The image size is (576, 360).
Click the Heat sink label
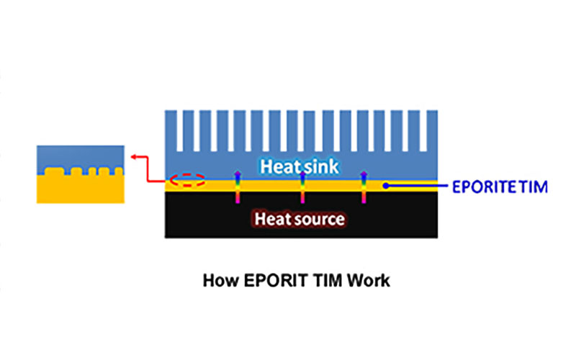(x=300, y=166)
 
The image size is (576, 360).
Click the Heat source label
(x=300, y=219)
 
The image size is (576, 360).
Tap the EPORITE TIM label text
(x=500, y=187)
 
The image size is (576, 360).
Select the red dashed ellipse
(x=187, y=180)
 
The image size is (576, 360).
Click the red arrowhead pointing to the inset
(x=135, y=157)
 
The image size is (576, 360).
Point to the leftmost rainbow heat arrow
(x=238, y=187)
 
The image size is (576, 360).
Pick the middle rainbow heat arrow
(x=302, y=187)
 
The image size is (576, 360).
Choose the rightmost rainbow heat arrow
(x=364, y=187)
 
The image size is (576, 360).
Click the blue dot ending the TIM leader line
(x=386, y=186)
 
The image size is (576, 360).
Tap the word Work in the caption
(x=369, y=281)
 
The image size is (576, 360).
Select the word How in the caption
(x=221, y=281)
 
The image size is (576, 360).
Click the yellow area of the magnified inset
(x=81, y=189)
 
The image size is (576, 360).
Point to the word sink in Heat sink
(x=320, y=166)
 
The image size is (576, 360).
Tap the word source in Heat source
(x=320, y=220)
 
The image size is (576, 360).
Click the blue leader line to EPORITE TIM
(x=417, y=186)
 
